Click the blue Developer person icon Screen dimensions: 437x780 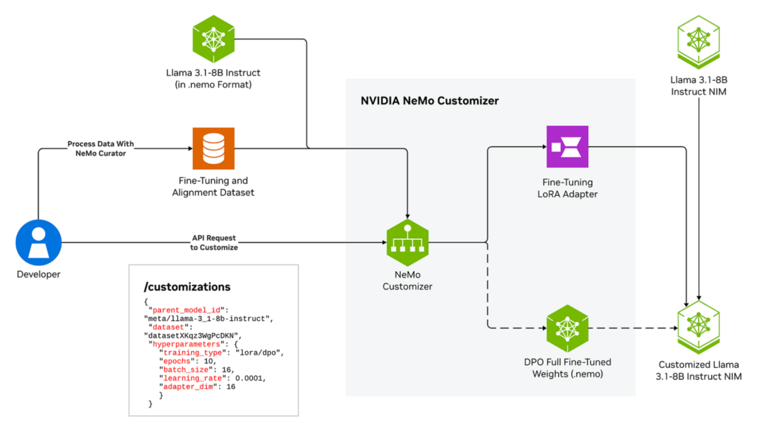39,242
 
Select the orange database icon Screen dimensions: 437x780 213,148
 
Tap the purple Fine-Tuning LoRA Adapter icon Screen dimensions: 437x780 567,147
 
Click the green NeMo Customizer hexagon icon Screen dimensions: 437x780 407,242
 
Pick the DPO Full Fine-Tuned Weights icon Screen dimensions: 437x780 567,328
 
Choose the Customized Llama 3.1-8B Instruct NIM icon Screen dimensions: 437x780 698,327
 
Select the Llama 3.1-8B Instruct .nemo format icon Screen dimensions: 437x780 213,39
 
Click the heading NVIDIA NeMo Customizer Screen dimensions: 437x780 429,101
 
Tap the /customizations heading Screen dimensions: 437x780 187,287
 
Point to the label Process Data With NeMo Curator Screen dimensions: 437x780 101,148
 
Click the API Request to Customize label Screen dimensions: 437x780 214,242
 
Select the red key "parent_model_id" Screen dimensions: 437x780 186,310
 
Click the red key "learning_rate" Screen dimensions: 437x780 192,378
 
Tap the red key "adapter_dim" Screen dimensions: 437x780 188,387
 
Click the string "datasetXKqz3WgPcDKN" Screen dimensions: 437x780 192,336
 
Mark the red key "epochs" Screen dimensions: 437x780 177,361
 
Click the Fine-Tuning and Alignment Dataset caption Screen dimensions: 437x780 213,186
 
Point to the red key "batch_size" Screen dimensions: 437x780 186,370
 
